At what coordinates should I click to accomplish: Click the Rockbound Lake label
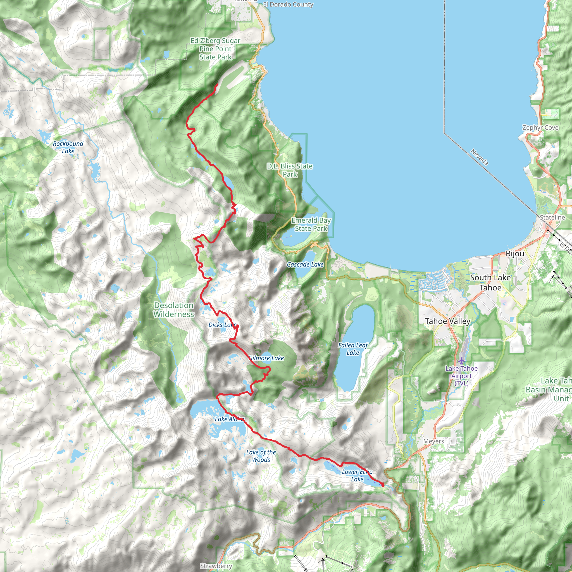point(68,147)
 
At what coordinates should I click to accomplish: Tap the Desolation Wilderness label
point(174,310)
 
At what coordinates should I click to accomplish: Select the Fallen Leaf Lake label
point(353,349)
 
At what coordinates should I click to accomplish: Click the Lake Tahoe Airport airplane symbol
point(462,361)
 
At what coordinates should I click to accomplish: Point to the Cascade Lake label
point(305,264)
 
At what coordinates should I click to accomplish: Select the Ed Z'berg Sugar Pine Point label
point(215,49)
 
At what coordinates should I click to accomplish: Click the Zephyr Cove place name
point(540,128)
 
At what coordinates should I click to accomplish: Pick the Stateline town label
point(552,217)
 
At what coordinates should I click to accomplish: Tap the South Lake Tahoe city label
point(490,282)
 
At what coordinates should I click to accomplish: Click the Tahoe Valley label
point(447,321)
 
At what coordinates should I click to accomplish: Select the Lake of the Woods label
point(261,456)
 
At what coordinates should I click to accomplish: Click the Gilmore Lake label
point(266,358)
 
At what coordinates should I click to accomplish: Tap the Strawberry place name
point(216,566)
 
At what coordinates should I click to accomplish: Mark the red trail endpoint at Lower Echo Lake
point(383,485)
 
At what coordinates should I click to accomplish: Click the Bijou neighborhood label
point(515,253)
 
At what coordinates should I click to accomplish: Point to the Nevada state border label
point(479,157)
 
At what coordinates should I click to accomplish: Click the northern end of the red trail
point(218,84)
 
